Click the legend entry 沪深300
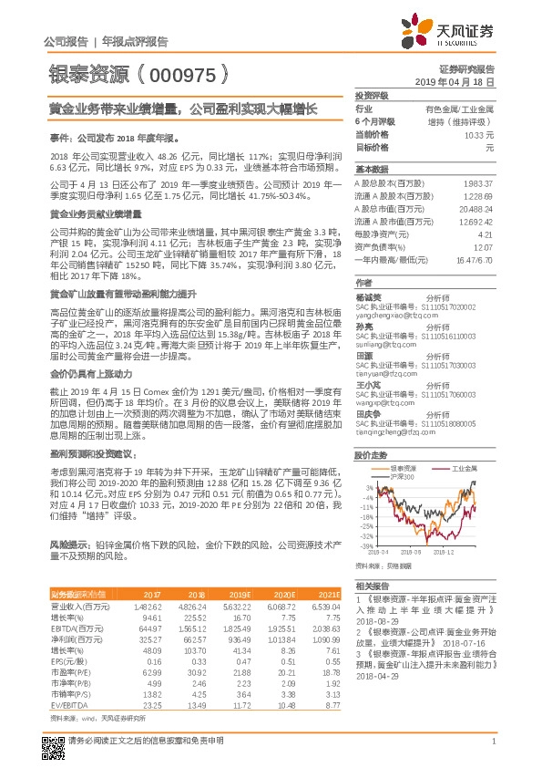point(404,476)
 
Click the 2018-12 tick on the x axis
point(445,551)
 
